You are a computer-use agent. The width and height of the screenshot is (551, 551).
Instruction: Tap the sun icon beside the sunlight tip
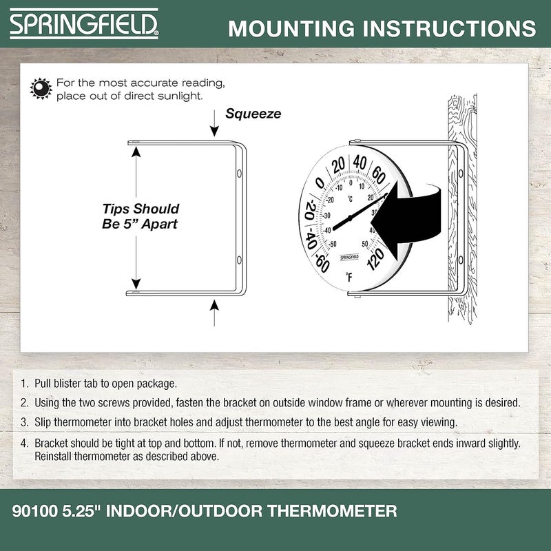(x=41, y=88)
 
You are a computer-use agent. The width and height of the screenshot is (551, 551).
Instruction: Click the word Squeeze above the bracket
(x=253, y=114)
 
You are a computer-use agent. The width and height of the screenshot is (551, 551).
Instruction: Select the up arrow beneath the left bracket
(x=214, y=311)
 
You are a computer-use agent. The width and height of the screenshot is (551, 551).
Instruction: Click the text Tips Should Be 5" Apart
(x=141, y=216)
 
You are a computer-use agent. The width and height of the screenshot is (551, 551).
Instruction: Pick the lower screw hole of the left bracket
(x=238, y=260)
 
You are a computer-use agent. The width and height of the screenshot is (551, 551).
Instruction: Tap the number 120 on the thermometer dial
(x=376, y=258)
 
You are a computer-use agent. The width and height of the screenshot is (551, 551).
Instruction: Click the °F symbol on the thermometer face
(x=349, y=278)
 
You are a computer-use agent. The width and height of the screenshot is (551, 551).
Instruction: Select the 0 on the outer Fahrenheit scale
(x=320, y=184)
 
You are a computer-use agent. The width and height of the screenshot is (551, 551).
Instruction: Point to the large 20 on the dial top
(x=337, y=165)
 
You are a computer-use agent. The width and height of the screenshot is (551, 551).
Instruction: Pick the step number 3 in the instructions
(x=24, y=422)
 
